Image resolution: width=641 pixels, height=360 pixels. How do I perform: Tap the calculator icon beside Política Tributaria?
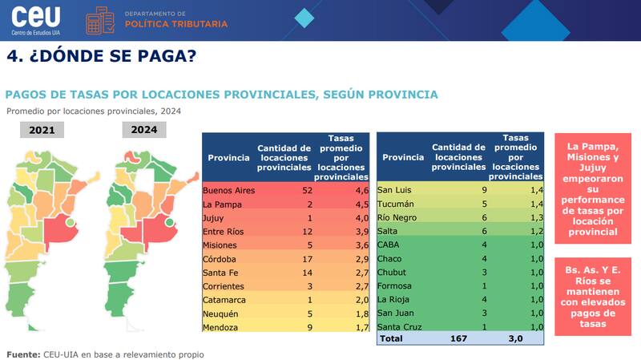click(100, 20)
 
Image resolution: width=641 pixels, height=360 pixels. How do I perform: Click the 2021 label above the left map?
click(42, 131)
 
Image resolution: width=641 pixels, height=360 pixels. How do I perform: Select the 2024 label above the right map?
click(144, 130)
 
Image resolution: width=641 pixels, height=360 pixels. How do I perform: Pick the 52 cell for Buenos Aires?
click(284, 190)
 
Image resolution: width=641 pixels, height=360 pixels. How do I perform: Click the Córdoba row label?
click(220, 259)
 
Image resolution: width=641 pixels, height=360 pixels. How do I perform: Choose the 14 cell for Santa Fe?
click(284, 273)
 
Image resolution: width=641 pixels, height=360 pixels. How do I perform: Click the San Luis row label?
click(395, 190)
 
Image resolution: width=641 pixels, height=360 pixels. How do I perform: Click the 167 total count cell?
click(458, 339)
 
